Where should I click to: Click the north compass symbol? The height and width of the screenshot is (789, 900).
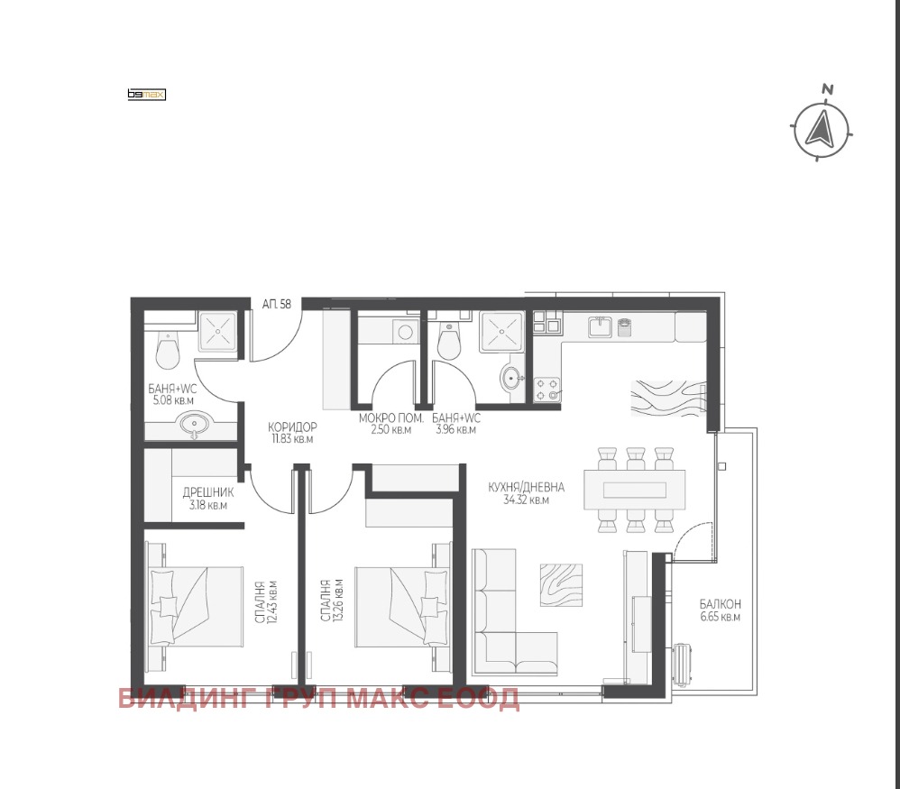[822, 129]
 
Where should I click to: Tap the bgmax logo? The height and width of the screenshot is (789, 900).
[146, 95]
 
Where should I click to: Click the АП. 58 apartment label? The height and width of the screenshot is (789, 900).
[277, 304]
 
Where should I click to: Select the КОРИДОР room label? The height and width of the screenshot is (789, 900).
[292, 427]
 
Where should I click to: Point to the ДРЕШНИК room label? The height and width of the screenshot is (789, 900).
[207, 492]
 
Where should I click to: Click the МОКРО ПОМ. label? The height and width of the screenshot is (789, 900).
[390, 418]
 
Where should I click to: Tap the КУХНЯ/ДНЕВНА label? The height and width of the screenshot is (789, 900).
[527, 487]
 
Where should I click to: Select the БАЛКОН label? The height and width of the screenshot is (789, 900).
[720, 604]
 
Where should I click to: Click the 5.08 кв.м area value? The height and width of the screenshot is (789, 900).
[173, 400]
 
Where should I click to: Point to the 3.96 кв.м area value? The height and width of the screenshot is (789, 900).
[455, 430]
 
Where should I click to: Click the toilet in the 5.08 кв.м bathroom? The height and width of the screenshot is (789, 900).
[168, 351]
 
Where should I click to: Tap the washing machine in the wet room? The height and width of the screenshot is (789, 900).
[406, 332]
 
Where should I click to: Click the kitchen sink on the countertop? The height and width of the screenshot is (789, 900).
[601, 327]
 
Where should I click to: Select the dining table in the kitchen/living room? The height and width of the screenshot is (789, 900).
[635, 490]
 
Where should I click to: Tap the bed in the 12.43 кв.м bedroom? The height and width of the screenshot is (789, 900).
[196, 607]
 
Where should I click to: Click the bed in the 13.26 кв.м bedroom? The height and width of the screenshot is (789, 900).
[401, 607]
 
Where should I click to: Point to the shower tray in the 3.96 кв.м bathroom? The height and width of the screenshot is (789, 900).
[502, 332]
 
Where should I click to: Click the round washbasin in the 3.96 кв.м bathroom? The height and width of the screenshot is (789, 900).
[512, 378]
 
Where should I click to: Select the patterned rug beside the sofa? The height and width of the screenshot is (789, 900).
[561, 584]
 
